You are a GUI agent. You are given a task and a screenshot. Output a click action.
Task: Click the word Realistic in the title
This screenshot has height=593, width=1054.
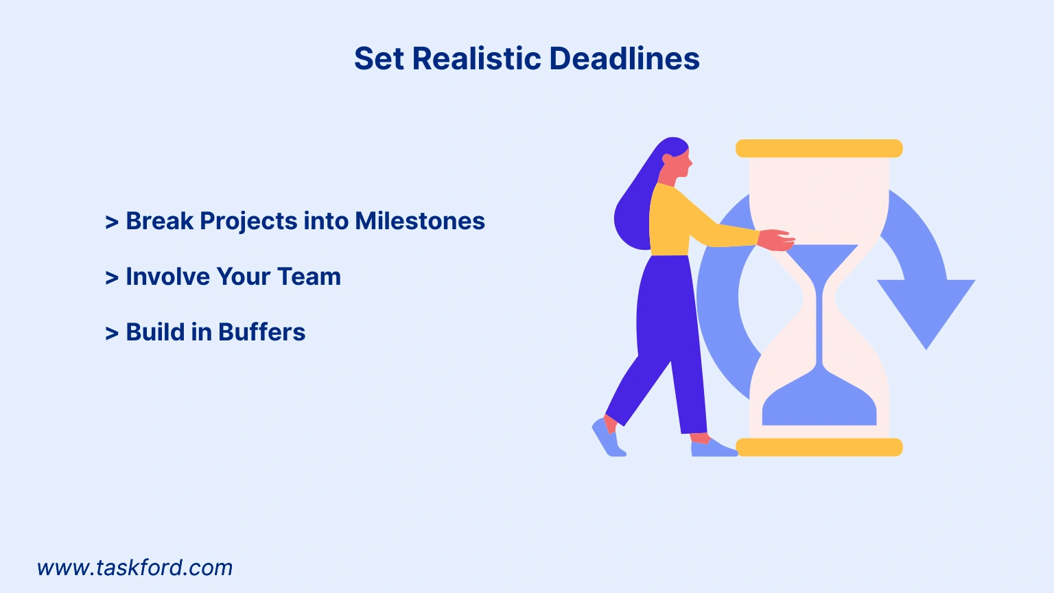coord(477,58)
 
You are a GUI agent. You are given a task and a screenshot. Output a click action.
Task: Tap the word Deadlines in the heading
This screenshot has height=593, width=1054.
coord(624,58)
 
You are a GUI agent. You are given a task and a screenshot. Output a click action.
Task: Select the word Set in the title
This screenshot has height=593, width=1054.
coord(379,58)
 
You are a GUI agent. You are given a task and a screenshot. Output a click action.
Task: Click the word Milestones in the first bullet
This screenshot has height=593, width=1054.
coord(420,221)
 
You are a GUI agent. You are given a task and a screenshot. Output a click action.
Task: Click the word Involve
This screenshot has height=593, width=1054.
coord(167,277)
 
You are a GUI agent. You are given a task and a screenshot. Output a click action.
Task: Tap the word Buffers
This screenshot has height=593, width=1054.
coord(261,332)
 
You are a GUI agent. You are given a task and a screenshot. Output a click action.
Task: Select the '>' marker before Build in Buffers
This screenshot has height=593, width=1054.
coord(112,333)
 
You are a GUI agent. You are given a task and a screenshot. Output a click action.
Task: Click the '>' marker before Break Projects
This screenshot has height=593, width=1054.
coord(112,222)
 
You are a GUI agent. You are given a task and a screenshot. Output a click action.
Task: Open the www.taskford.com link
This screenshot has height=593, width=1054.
coord(134,568)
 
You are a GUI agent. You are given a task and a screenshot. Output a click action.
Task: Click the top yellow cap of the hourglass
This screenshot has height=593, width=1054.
coord(819,148)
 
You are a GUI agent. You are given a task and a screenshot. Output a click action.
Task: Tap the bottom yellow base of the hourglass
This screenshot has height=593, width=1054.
coord(819,447)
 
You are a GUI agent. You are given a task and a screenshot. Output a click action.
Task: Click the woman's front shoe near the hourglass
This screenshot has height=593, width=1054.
coord(714,447)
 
